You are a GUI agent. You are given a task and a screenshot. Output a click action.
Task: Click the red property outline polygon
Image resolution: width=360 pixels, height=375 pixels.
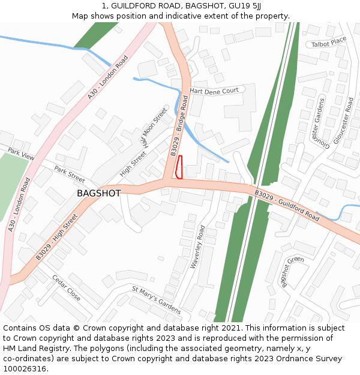pyautogui.click(x=179, y=167)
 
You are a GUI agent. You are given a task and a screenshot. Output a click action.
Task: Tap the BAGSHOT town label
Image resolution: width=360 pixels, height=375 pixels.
pyautogui.click(x=98, y=193)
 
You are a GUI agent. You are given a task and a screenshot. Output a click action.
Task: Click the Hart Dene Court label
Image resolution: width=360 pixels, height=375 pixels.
pyautogui.click(x=214, y=91)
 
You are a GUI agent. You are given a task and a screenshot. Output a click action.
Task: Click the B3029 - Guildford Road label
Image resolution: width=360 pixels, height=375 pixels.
pyautogui.click(x=287, y=205)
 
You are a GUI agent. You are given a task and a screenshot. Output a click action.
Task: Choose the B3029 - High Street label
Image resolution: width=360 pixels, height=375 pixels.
pyautogui.click(x=57, y=236)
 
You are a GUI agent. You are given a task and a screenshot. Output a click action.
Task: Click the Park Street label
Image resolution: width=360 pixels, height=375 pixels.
pyautogui.click(x=70, y=175)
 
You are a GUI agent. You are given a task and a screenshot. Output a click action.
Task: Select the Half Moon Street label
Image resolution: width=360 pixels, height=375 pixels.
pyautogui.click(x=154, y=127)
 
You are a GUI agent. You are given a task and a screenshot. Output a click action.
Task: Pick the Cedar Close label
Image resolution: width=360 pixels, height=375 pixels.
pyautogui.click(x=66, y=288)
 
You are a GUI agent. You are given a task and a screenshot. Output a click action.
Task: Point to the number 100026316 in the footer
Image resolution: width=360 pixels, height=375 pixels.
pyautogui.click(x=25, y=369)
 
